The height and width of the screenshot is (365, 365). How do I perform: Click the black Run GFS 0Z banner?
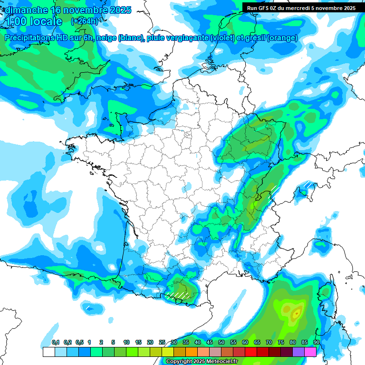click(303, 8)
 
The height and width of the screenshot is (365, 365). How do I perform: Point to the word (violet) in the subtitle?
click(222, 38)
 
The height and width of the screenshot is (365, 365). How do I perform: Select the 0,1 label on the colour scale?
click(56, 343)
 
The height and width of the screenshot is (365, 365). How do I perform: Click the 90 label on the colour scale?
click(316, 343)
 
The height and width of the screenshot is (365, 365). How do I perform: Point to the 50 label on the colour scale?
click(221, 343)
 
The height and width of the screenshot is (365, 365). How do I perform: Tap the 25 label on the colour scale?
click(162, 343)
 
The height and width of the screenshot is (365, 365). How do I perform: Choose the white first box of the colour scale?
click(48, 352)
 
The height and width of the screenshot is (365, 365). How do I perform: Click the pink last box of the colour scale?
click(310, 352)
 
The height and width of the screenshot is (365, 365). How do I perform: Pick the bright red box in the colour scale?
click(251, 352)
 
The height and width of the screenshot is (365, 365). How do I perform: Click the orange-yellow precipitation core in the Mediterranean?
click(297, 313)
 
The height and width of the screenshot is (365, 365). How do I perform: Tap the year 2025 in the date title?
click(120, 10)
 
